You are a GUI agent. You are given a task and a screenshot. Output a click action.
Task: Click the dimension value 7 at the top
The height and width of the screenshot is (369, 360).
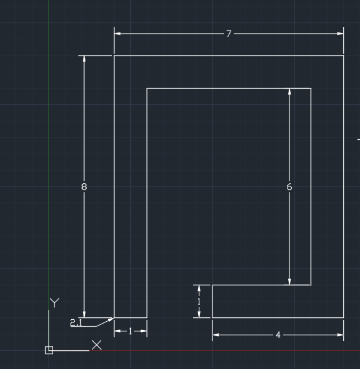click(x=229, y=34)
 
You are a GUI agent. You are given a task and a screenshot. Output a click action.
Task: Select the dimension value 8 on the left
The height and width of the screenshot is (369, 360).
click(x=84, y=187)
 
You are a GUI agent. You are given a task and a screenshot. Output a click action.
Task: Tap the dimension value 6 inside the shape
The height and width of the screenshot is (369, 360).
click(x=289, y=187)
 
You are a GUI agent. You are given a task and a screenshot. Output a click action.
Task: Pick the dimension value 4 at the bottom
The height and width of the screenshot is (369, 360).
click(x=278, y=335)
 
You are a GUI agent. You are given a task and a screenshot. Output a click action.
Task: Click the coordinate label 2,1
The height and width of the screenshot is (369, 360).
click(x=76, y=322)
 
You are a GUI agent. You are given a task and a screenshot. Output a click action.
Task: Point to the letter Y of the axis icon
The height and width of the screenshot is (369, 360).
click(x=54, y=302)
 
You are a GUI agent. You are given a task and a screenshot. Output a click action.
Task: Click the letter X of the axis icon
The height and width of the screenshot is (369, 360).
click(x=96, y=345)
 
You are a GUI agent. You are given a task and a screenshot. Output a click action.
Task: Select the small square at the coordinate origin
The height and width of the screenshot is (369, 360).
click(x=49, y=350)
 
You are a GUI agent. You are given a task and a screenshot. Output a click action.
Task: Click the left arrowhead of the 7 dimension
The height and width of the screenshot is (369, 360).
click(x=117, y=34)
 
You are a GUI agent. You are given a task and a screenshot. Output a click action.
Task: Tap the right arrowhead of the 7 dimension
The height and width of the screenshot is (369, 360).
click(x=341, y=34)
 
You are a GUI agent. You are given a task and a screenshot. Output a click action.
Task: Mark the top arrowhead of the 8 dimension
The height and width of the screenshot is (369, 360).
click(x=84, y=59)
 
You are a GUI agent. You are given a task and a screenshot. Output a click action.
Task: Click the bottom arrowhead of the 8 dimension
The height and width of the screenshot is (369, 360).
click(x=84, y=314)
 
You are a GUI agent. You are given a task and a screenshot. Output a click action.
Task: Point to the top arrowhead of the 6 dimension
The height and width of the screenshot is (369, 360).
click(x=289, y=91)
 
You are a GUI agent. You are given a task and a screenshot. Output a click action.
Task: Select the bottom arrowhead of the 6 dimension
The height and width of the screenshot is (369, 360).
click(x=289, y=282)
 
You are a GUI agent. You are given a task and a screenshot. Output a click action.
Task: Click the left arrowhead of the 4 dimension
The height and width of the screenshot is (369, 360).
click(x=216, y=335)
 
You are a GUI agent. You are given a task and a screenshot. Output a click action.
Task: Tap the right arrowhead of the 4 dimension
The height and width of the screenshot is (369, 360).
click(x=341, y=335)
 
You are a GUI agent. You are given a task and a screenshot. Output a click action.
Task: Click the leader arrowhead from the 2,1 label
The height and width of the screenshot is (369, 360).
click(x=111, y=319)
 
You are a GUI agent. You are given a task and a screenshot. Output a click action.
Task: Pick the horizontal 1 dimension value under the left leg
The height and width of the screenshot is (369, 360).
click(x=130, y=331)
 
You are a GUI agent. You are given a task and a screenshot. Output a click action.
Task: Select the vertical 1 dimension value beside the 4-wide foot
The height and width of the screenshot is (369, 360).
click(x=199, y=302)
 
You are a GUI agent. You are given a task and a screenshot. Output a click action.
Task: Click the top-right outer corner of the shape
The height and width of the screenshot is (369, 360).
click(x=344, y=56)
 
